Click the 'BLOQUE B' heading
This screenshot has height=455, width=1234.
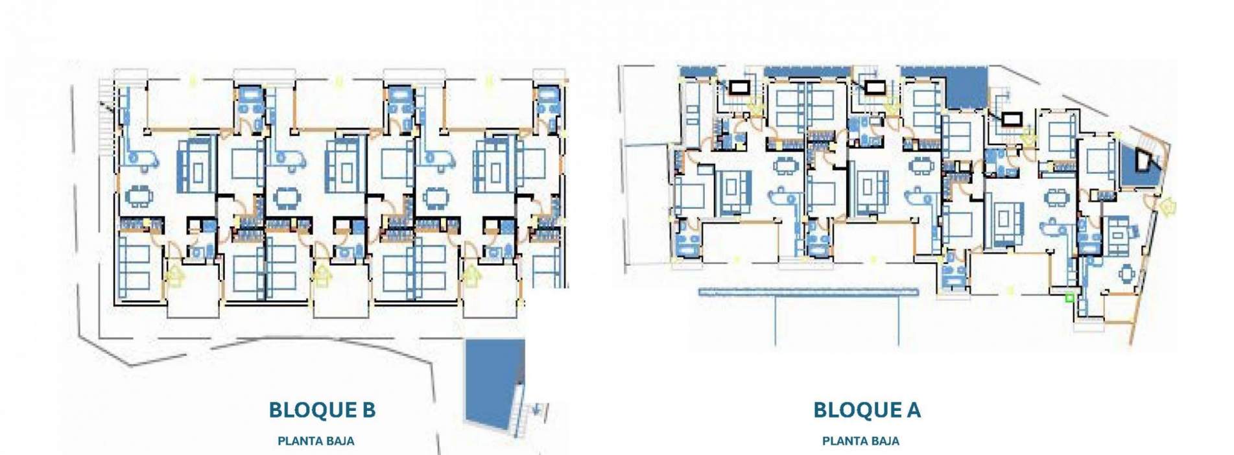322,410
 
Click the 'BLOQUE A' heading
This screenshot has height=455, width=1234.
866,410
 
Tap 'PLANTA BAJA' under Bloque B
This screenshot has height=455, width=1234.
316,441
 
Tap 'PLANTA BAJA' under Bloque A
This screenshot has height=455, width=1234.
860,441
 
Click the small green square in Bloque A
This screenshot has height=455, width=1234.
1069,297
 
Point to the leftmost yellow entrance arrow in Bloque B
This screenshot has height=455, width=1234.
175,277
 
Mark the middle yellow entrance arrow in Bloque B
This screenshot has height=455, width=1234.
323,277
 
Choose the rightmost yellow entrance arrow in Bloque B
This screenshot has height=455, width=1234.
473,277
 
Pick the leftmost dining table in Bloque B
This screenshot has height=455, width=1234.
139,195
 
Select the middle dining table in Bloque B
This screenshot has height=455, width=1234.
285,196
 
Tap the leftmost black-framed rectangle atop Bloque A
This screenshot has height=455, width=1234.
739,87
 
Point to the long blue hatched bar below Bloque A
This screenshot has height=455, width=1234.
808,292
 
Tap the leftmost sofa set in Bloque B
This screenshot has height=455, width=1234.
197,166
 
